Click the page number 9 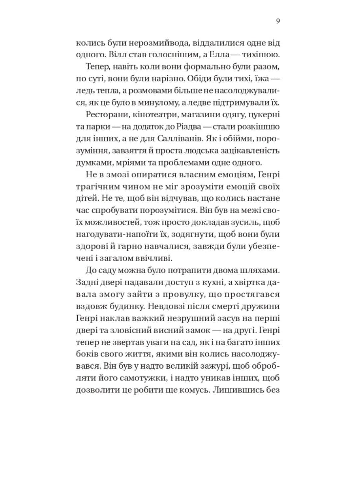278,22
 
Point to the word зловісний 145,331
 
